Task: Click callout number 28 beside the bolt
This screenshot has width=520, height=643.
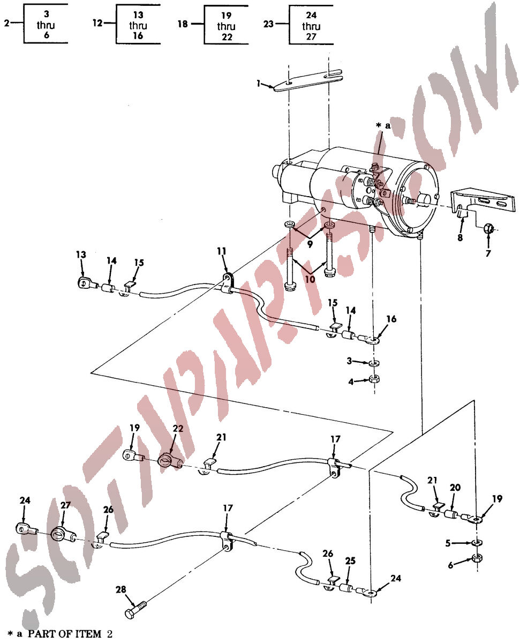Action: (x=120, y=589)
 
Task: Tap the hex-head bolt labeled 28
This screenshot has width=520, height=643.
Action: (x=135, y=610)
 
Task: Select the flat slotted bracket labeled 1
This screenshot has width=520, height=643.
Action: (x=307, y=80)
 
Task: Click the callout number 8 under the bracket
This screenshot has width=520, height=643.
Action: (x=459, y=237)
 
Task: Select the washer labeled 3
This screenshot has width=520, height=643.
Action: (x=374, y=363)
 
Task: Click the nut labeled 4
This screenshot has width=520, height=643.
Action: (x=374, y=379)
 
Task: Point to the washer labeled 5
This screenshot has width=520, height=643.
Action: (x=477, y=542)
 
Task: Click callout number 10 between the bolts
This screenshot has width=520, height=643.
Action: (x=310, y=279)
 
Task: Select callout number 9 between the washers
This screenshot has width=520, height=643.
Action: (x=310, y=244)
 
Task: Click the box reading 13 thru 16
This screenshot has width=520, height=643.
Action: (x=138, y=25)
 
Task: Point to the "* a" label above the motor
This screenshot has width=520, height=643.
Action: (x=383, y=125)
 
